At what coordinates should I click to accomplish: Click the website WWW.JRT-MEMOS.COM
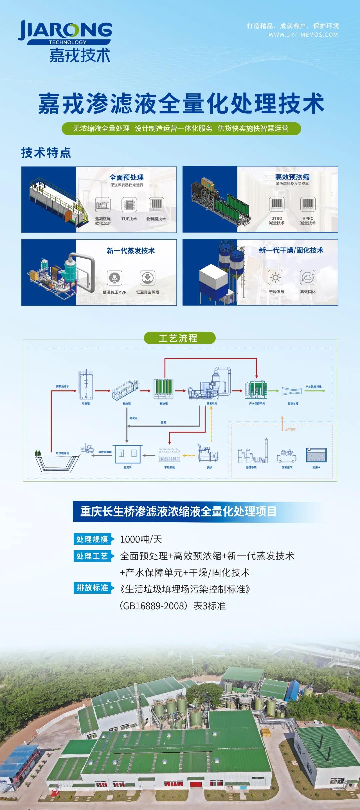pos(303,35)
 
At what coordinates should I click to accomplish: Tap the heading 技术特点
pos(46,152)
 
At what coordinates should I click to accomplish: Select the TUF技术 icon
pos(129,204)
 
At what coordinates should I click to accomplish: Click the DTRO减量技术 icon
pos(277,204)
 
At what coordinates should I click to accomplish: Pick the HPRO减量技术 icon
pos(308,204)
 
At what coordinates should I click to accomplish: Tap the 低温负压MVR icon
pos(114,278)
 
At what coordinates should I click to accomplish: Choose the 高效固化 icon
pos(308,277)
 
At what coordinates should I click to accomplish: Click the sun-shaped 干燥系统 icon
pos(276,277)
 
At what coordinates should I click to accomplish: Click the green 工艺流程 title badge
pos(180,338)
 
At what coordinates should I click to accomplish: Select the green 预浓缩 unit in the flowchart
pos(163,389)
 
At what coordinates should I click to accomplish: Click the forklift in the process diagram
pos(87,448)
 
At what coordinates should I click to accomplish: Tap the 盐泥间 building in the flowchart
pos(128,454)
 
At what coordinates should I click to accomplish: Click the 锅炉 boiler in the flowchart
pos(209,454)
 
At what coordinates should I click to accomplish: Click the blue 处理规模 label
pos(92,539)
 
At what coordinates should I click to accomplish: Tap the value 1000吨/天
pos(141,539)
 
